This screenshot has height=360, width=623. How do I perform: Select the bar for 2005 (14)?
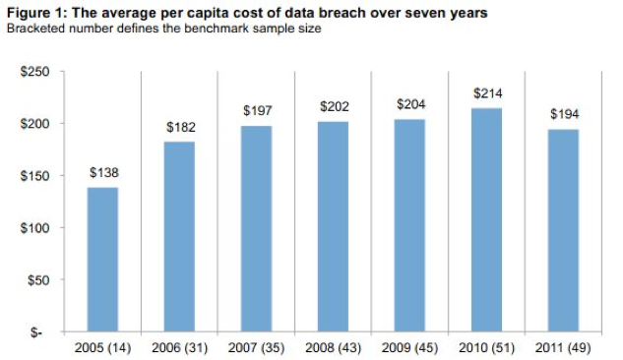point(102,260)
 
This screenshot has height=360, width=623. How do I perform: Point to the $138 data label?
point(103,172)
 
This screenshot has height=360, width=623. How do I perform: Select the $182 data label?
point(180,127)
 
